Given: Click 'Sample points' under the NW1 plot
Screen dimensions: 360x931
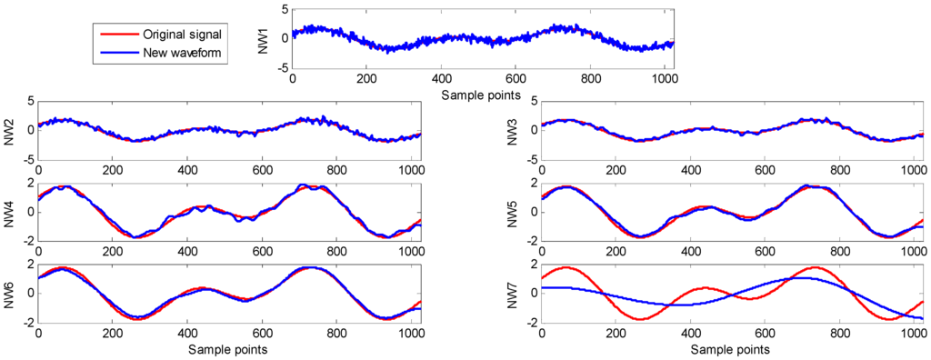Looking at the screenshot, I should click(x=479, y=95).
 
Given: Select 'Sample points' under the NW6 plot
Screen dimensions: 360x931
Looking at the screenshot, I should click(x=225, y=349).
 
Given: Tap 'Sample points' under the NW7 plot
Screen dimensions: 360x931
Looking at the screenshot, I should click(x=730, y=349).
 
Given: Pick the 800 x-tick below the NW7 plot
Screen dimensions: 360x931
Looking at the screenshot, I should click(x=842, y=335).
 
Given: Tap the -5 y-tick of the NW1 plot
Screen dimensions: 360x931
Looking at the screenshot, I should click(x=283, y=68).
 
